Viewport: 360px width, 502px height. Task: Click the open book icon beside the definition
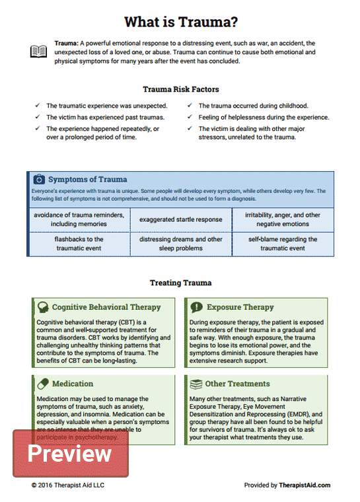point(38,52)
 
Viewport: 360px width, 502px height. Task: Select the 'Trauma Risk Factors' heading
point(181,89)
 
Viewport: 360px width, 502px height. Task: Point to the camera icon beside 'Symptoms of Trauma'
point(39,179)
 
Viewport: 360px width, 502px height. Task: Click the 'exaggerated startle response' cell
point(181,219)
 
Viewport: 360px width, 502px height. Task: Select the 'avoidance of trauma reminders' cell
point(79,219)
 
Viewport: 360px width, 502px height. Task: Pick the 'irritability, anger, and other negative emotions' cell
point(283,219)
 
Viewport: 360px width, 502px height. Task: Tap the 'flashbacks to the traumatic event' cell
point(79,244)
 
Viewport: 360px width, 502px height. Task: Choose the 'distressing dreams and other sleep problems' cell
point(181,244)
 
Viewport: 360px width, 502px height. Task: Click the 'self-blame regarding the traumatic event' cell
point(283,244)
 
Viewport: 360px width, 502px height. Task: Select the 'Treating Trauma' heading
point(181,283)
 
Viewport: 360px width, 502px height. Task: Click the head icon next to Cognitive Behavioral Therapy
point(43,307)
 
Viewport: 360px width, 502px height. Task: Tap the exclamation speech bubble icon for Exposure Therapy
point(196,307)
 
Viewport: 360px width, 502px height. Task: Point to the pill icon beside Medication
point(43,384)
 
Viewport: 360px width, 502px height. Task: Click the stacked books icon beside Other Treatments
point(196,384)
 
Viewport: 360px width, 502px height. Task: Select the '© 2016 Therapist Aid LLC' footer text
point(67,485)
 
